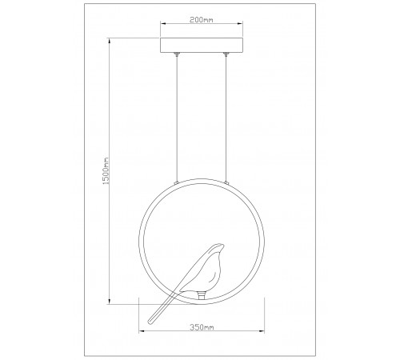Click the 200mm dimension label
tap(202, 20)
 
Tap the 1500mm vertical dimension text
tap(106, 170)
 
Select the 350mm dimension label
tap(202, 327)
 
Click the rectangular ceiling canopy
tap(202, 46)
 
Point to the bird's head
tap(218, 248)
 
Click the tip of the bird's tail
tap(150, 322)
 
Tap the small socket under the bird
tap(202, 296)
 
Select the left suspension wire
tap(176, 118)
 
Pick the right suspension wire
tap(226, 118)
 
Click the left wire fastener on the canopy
tap(176, 54)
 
